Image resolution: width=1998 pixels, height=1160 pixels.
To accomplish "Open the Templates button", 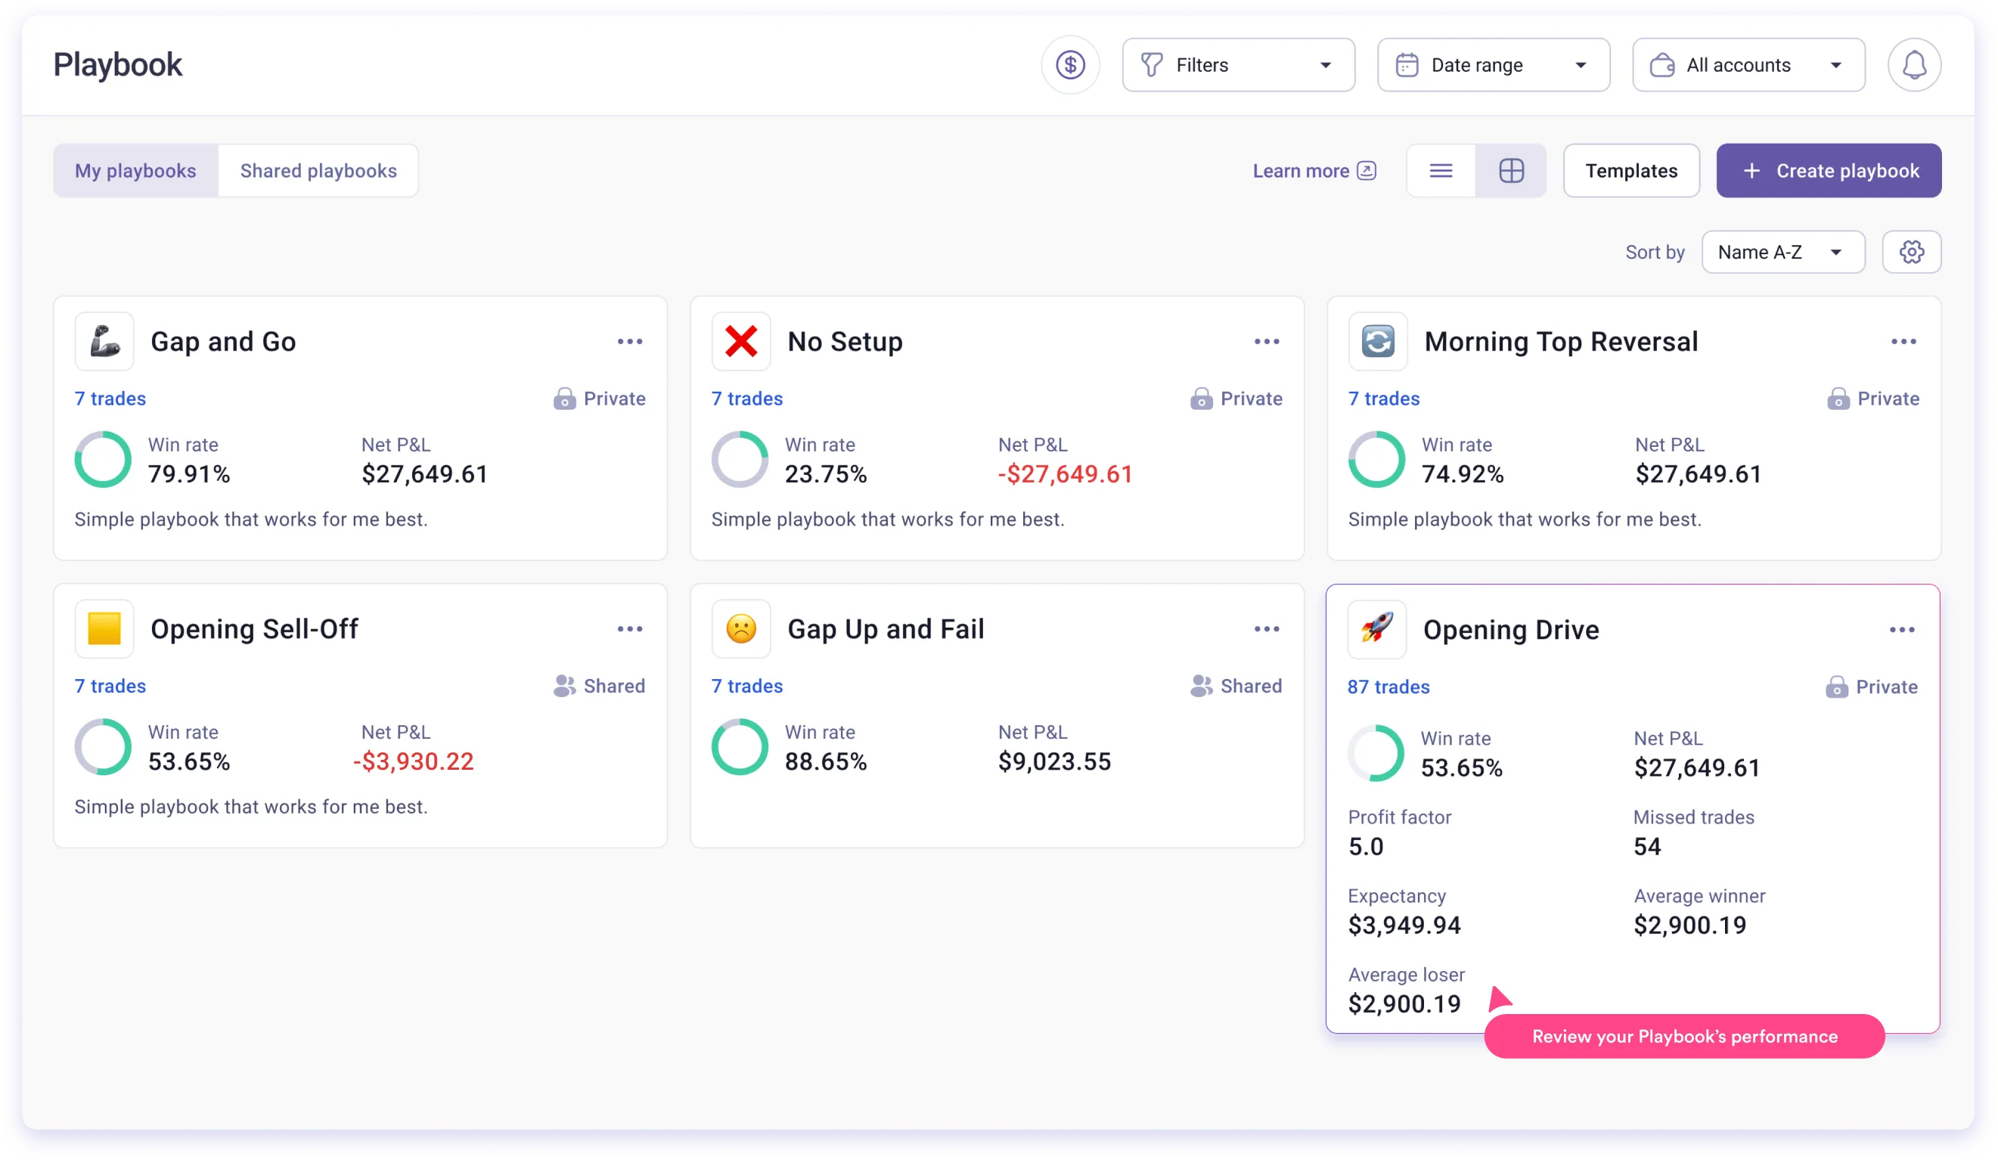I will (1630, 170).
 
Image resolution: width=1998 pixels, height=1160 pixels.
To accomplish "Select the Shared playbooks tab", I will (318, 170).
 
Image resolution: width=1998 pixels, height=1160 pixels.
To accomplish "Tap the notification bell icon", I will (1913, 65).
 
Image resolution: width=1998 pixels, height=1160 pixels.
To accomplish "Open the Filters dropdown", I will (1238, 65).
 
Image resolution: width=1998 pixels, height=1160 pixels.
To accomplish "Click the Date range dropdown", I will (1492, 65).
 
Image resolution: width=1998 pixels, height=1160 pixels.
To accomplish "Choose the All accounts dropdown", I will (1748, 65).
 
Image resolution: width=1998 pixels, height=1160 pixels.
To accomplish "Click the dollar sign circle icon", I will (1069, 65).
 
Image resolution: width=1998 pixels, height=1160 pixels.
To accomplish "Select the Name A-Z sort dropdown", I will (1782, 252).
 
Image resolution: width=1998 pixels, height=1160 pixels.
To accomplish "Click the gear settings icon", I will (1911, 252).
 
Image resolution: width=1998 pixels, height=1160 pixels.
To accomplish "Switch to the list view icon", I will (1440, 170).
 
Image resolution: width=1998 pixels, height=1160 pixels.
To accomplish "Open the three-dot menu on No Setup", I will (1266, 342).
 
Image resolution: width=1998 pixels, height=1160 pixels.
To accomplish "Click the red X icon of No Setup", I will (740, 342).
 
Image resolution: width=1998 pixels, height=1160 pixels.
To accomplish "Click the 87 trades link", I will (1388, 687).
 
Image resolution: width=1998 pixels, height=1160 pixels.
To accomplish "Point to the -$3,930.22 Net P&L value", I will (413, 761).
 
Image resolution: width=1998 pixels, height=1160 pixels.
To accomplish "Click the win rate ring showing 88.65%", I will (739, 747).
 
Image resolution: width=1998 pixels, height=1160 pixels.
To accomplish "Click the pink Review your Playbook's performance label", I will (1683, 1036).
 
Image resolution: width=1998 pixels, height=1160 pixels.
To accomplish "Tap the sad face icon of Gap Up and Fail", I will (740, 628).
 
